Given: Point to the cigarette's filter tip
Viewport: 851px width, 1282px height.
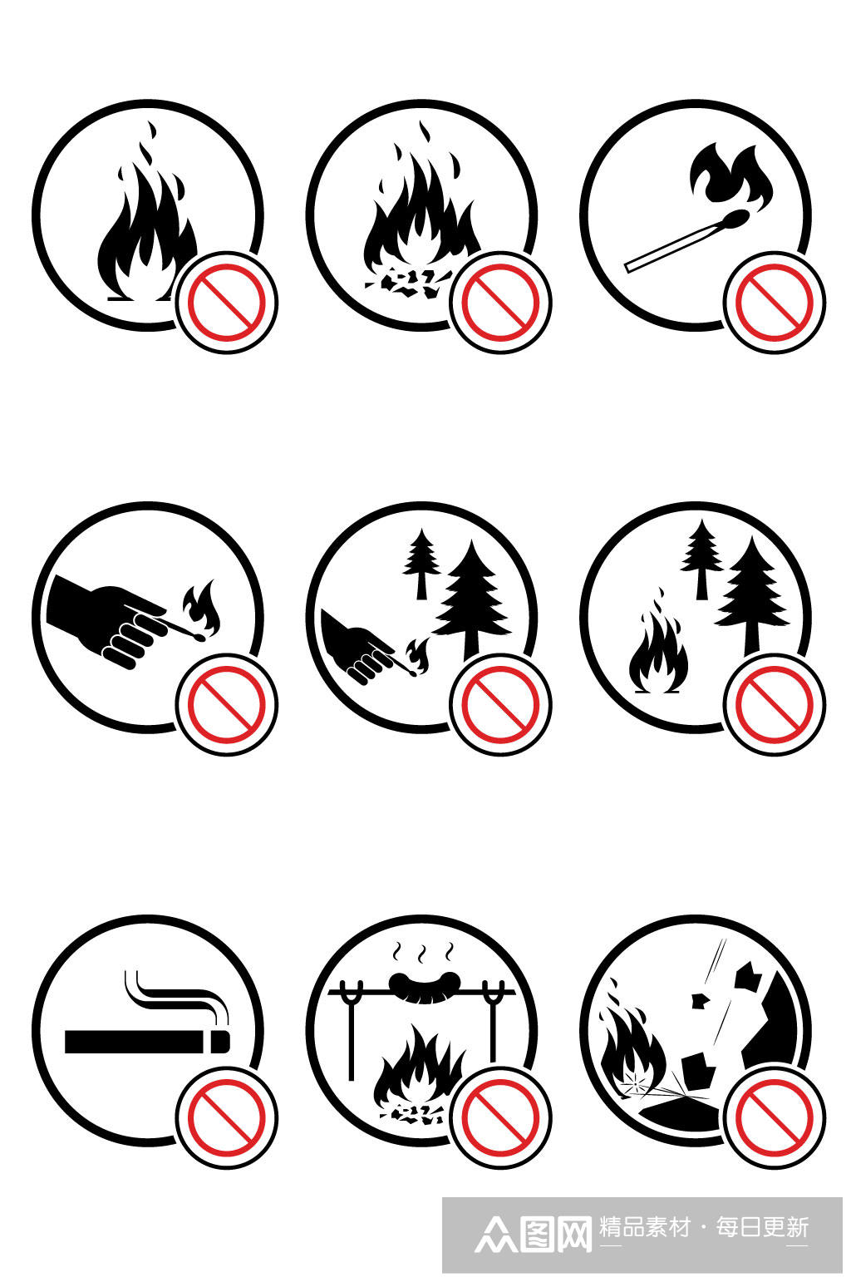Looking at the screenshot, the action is click(x=221, y=1042).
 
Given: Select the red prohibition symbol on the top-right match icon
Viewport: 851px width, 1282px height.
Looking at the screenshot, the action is click(x=774, y=303).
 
